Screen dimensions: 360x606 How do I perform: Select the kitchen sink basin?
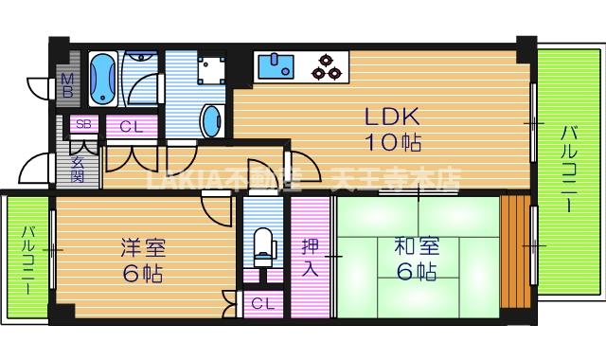[x=278, y=66]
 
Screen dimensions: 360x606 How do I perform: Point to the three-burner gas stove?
[x=328, y=66]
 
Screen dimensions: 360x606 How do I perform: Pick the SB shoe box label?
[x=83, y=125]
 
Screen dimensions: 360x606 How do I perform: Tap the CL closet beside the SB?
[x=131, y=125]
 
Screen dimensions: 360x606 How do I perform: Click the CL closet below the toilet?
[x=264, y=305]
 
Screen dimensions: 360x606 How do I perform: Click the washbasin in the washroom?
[x=213, y=120]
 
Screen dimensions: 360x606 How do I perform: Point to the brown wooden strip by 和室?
[x=516, y=251]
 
